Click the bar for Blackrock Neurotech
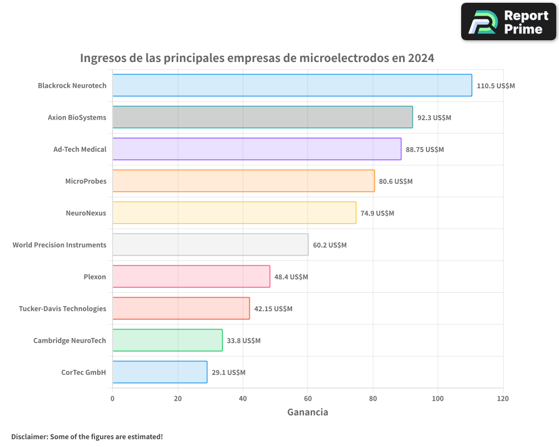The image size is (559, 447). click(292, 85)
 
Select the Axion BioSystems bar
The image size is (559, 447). click(262, 117)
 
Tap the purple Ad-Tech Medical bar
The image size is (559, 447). click(257, 149)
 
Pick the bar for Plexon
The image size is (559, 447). click(191, 277)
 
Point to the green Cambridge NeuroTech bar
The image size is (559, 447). click(167, 340)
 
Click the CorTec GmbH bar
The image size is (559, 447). click(159, 372)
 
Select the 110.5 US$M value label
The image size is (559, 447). click(495, 86)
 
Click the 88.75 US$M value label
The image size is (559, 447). click(425, 150)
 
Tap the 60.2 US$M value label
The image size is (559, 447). click(330, 245)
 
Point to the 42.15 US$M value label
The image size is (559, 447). click(273, 309)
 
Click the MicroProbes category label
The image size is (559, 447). click(86, 181)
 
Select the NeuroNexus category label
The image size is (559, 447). click(86, 213)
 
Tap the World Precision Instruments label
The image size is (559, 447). click(59, 245)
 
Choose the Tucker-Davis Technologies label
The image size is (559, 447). click(62, 308)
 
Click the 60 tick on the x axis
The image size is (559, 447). click(307, 399)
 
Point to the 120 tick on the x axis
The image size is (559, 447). click(503, 399)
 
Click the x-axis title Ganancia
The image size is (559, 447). click(307, 412)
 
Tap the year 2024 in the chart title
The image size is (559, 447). click(421, 58)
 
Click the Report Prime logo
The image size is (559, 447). click(508, 22)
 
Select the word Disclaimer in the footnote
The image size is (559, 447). click(29, 436)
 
